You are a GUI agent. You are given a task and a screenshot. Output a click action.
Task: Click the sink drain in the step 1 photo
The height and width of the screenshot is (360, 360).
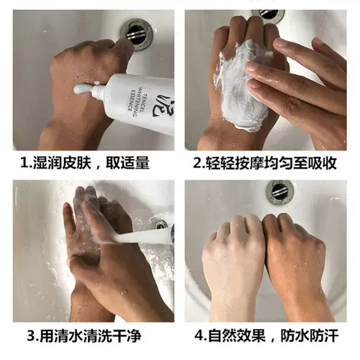coord(137,35)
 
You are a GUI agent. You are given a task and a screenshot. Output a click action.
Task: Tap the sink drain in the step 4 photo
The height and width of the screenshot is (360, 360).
coord(280,192)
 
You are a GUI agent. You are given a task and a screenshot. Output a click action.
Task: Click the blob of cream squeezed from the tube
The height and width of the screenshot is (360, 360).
coord(82,89)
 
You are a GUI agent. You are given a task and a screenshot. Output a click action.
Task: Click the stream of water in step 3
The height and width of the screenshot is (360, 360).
coord(142,236)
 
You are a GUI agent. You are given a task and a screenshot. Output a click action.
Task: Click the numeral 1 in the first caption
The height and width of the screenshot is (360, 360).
coord(24,163)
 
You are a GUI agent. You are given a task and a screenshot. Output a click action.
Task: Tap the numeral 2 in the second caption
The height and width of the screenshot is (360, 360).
coord(197,163)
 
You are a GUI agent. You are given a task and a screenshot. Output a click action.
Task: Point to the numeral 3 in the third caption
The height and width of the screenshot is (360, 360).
coord(31,336)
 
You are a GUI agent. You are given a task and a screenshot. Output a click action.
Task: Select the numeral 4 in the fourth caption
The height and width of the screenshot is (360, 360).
coord(199,336)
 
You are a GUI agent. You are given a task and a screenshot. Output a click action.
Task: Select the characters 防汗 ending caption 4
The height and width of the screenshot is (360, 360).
coord(324,336)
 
